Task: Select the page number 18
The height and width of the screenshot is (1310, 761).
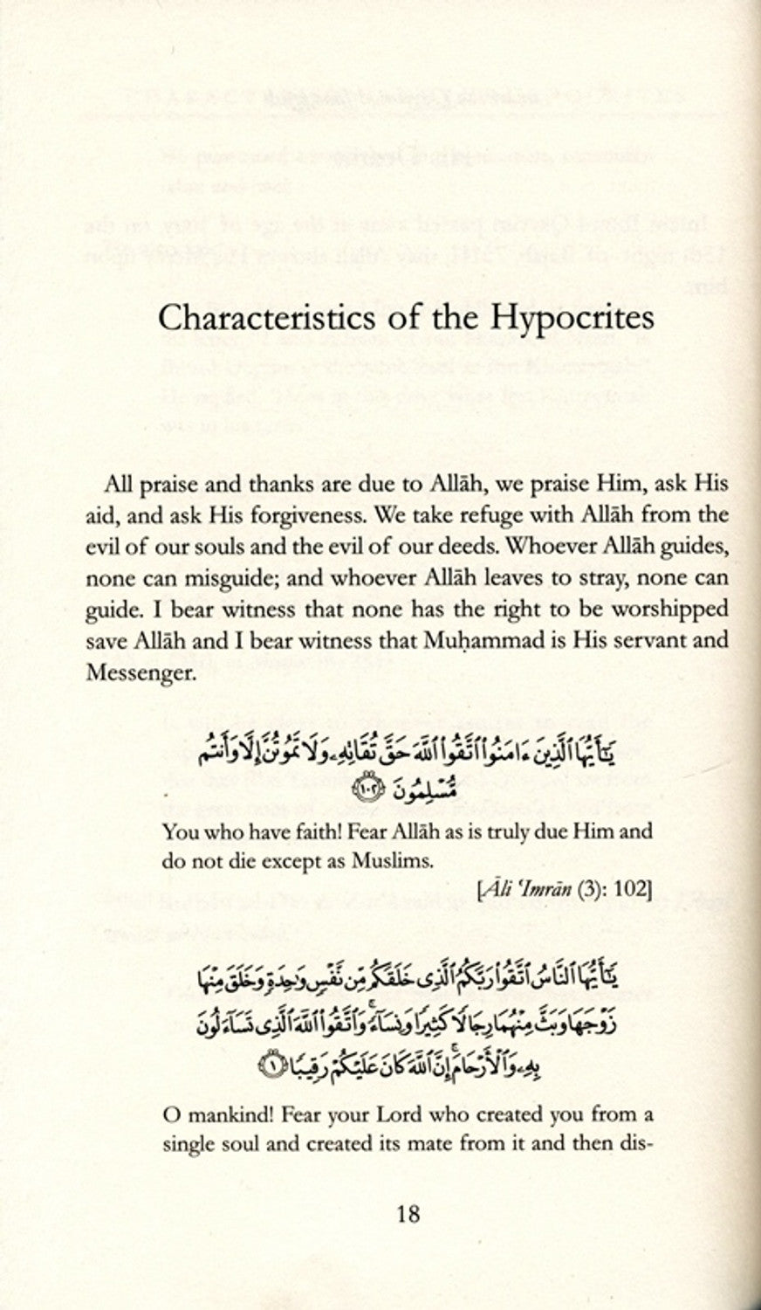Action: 408,1213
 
